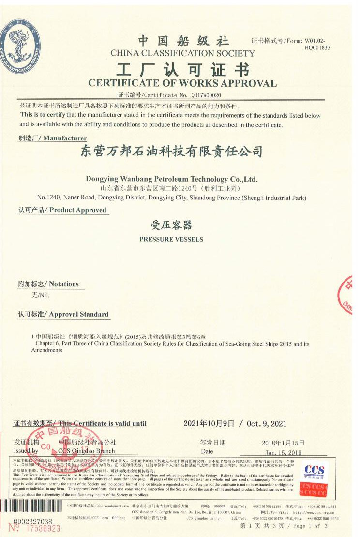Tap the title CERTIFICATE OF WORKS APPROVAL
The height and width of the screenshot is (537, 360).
click(182, 83)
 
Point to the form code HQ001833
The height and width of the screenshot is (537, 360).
click(317, 47)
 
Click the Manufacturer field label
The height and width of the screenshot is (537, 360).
click(53, 138)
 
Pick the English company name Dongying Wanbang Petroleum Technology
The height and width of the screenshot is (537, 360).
click(172, 179)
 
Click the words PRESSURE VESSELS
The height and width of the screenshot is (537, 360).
click(171, 239)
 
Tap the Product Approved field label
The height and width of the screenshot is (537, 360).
click(62, 210)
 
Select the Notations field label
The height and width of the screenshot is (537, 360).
click(48, 284)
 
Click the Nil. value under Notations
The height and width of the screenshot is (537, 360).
click(41, 295)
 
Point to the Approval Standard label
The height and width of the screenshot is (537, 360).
click(63, 314)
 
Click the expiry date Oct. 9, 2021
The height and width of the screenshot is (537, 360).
click(266, 424)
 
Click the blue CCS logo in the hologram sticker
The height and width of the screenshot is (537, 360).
click(314, 470)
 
